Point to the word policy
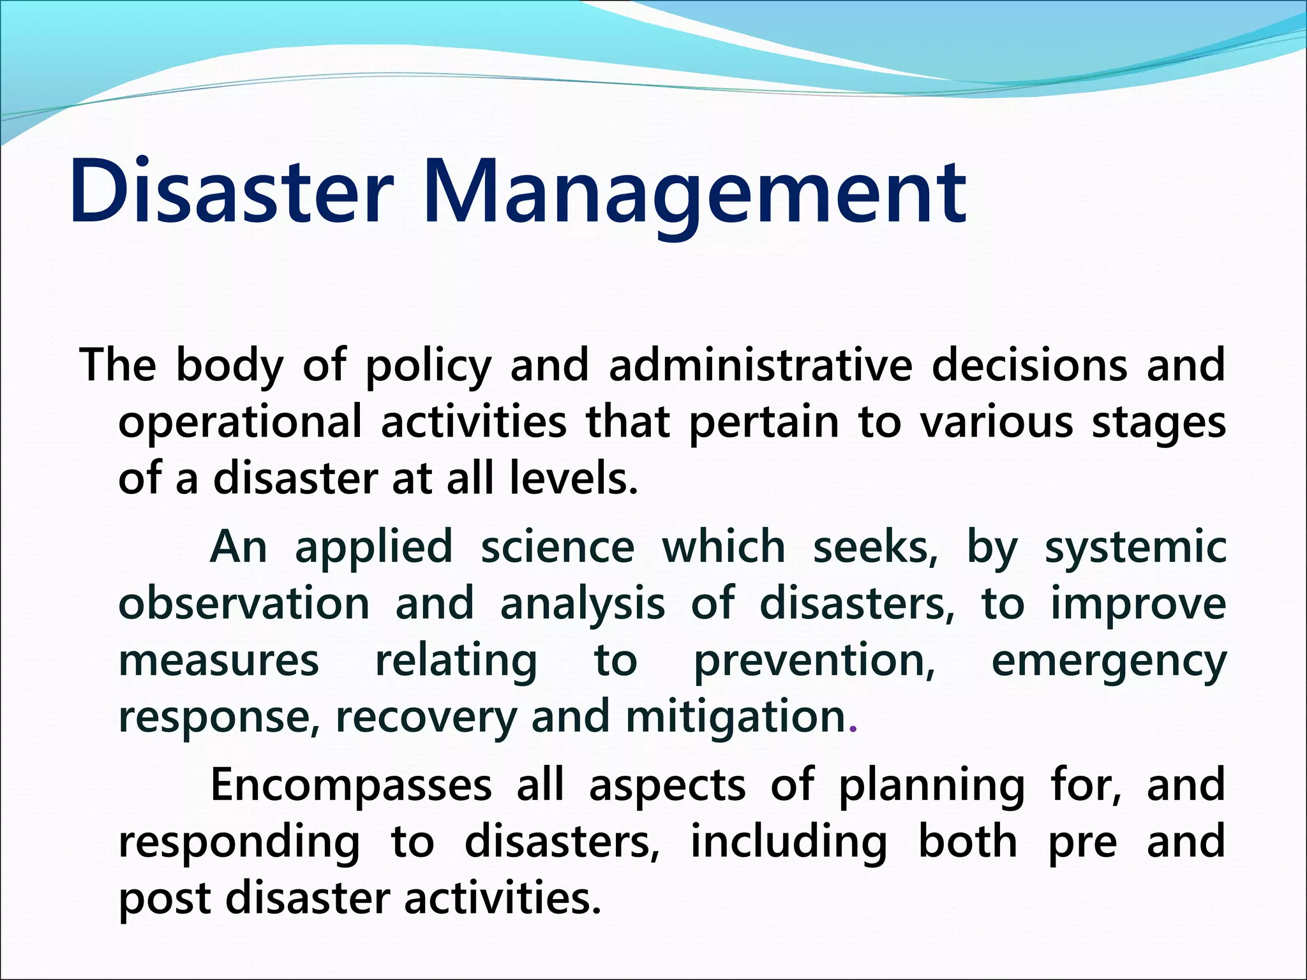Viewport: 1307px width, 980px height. [x=428, y=367]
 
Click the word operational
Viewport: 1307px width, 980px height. [x=240, y=423]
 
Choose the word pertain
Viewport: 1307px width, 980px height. [x=763, y=423]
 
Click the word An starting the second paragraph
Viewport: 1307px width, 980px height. [x=238, y=547]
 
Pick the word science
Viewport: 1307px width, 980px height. [x=557, y=547]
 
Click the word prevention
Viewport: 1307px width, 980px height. [x=814, y=661]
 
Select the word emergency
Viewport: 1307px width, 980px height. [x=1109, y=662]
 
